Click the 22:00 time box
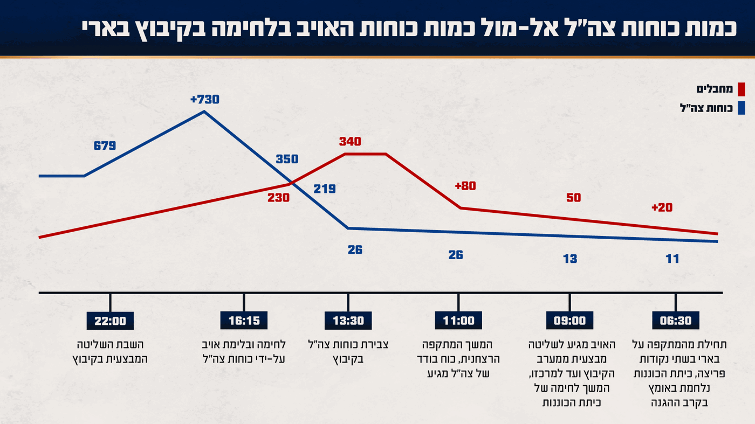pyautogui.click(x=110, y=321)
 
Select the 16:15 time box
pyautogui.click(x=244, y=321)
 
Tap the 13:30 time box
pyautogui.click(x=348, y=321)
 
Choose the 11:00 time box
pyautogui.click(x=458, y=321)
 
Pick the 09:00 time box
pyautogui.click(x=569, y=321)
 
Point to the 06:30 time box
pyautogui.click(x=675, y=321)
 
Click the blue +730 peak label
pyautogui.click(x=205, y=100)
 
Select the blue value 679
pyautogui.click(x=105, y=145)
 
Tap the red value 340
pyautogui.click(x=350, y=142)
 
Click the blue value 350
pyautogui.click(x=287, y=159)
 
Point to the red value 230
pyautogui.click(x=278, y=198)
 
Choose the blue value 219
pyautogui.click(x=325, y=189)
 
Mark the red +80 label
pyautogui.click(x=465, y=186)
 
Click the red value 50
pyautogui.click(x=573, y=198)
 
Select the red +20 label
pyautogui.click(x=662, y=207)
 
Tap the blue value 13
pyautogui.click(x=570, y=259)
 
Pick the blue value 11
pyautogui.click(x=672, y=259)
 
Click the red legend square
pyautogui.click(x=741, y=89)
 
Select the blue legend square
pyautogui.click(x=741, y=108)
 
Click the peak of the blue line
pyautogui.click(x=204, y=112)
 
